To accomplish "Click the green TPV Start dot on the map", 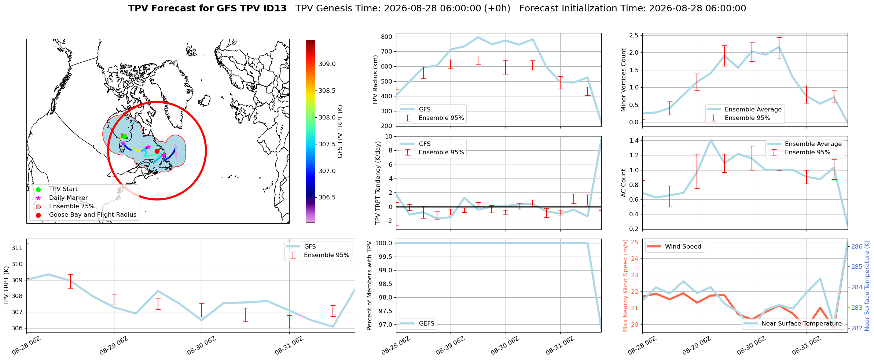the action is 124,136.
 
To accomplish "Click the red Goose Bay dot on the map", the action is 157,151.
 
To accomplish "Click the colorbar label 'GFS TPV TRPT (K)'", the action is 340,131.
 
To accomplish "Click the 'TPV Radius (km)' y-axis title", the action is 375,80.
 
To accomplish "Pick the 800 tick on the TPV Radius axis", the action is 387,37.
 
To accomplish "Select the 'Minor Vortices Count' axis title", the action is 623,80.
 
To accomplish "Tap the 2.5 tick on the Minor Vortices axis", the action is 634,35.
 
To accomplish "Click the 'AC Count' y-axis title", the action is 623,183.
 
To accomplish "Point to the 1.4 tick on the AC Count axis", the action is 634,140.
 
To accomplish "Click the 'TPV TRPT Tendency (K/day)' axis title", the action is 378,183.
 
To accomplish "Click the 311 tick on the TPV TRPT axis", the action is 17,248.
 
